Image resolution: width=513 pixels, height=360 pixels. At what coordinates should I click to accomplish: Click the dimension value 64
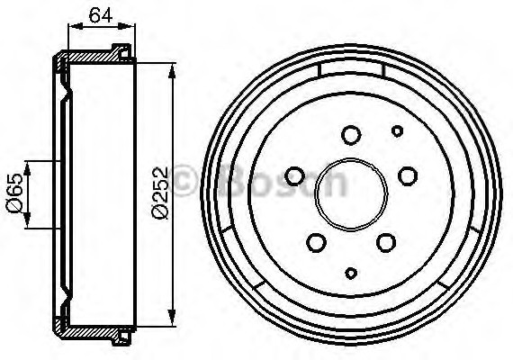click(x=100, y=13)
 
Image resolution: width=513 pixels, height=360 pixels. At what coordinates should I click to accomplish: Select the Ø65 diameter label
click(x=13, y=193)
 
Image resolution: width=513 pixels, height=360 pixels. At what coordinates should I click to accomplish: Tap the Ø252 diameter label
click(x=160, y=194)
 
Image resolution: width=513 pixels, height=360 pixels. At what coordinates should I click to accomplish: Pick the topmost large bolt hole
click(x=351, y=134)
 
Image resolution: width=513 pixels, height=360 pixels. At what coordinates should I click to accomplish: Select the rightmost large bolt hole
click(x=407, y=175)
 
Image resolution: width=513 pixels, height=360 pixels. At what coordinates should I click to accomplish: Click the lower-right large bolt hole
click(x=385, y=241)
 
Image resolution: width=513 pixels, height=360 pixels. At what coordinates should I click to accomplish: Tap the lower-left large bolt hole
click(x=316, y=241)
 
